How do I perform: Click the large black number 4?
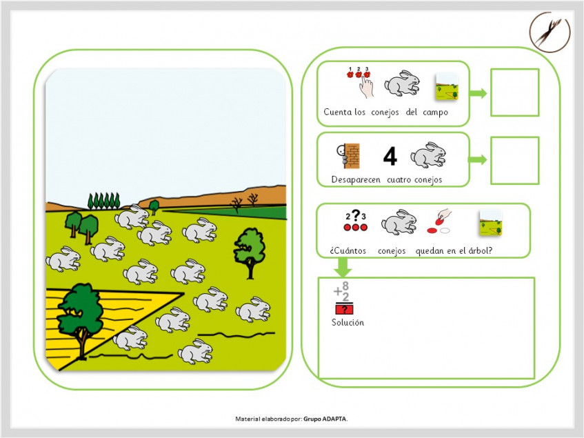[390, 156]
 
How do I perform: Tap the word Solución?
[348, 323]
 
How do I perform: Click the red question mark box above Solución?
[344, 309]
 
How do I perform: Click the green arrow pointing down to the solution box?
[342, 267]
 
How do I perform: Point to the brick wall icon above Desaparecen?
[348, 156]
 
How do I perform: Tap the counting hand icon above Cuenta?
[359, 82]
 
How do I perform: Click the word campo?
[435, 112]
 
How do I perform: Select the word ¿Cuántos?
[348, 251]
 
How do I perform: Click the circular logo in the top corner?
[550, 32]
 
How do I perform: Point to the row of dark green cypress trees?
[104, 201]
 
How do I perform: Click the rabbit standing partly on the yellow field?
[130, 338]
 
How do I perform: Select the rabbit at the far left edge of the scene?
[63, 259]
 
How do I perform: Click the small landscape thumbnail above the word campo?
[447, 87]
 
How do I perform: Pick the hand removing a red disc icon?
[439, 221]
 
